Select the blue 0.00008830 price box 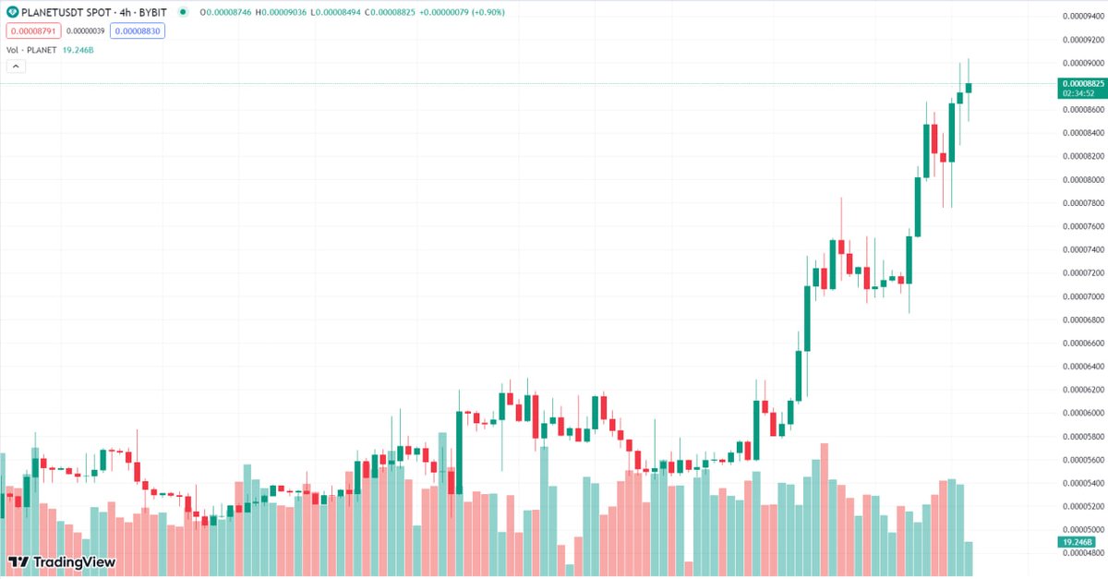point(137,31)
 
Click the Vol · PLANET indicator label point(31,50)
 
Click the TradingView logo point(62,561)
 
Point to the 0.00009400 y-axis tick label point(1083,17)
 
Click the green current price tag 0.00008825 point(1083,83)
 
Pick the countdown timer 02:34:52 point(1078,93)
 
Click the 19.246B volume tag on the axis point(1078,542)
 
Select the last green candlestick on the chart point(969,88)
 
